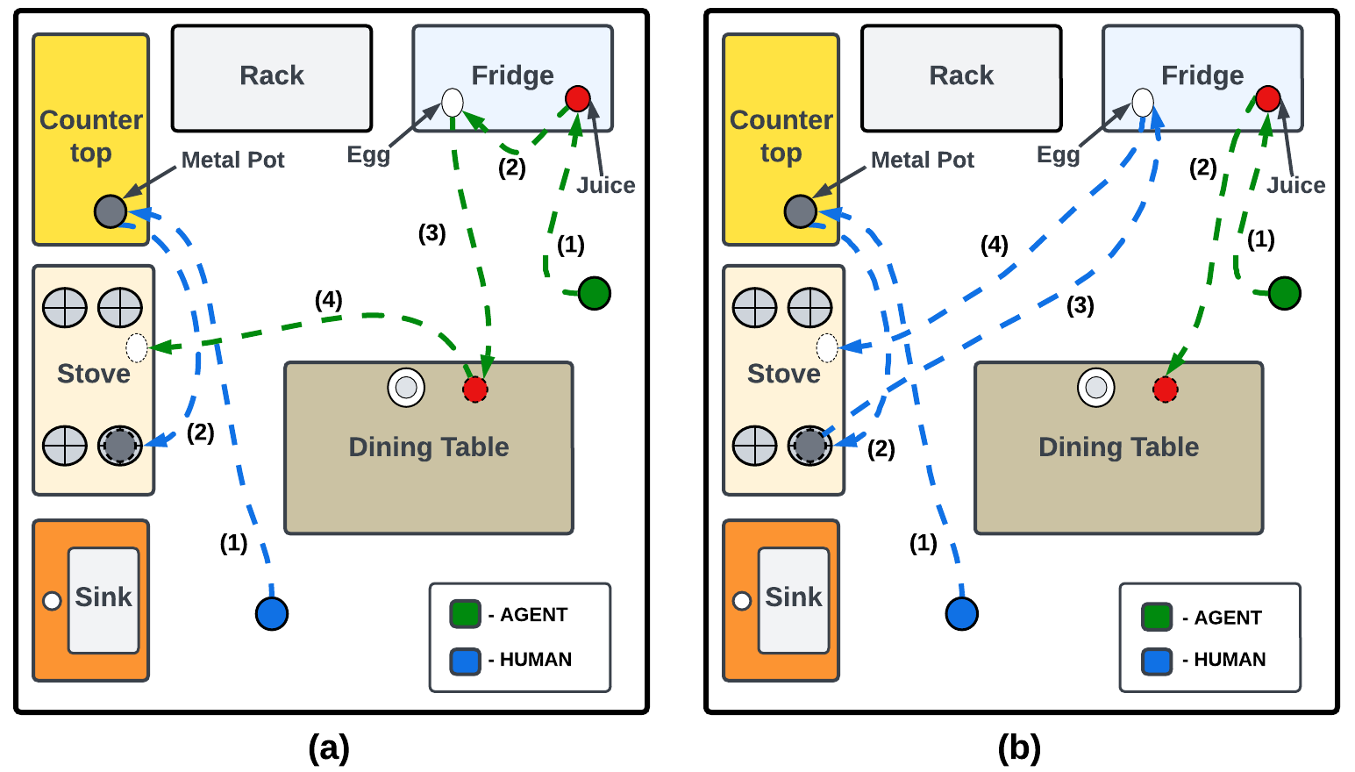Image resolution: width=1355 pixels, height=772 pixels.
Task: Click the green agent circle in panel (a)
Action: pos(595,293)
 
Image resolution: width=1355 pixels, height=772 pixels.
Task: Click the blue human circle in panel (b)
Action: pos(962,613)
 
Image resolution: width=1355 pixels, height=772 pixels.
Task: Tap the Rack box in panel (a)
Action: pos(272,77)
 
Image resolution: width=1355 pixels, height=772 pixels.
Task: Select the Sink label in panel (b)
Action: pos(794,597)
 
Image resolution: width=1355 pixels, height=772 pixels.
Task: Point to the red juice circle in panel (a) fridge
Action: pos(577,98)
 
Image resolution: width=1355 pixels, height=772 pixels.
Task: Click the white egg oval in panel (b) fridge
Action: pos(1142,103)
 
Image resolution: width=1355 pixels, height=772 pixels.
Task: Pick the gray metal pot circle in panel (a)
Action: pos(111,211)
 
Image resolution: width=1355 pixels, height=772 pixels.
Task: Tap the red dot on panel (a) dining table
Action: pos(475,390)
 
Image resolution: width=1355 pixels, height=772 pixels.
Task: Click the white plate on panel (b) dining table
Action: pos(1096,387)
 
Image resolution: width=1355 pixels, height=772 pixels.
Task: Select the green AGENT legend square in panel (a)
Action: pos(465,614)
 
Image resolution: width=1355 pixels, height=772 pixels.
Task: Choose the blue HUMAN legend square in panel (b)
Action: pos(1157,661)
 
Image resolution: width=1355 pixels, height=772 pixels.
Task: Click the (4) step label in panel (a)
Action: pos(329,300)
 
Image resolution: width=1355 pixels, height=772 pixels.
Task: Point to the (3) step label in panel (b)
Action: pos(1080,305)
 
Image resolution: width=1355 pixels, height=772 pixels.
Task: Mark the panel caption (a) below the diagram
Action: pos(329,748)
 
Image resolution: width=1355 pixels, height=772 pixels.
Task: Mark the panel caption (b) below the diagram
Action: pos(1019,748)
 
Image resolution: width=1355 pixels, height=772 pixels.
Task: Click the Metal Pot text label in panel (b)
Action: pos(923,160)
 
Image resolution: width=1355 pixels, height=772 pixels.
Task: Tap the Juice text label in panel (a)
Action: pos(606,185)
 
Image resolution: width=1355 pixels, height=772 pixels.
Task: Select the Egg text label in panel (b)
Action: pos(1058,155)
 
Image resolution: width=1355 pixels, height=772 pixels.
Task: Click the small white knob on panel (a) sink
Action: pos(52,601)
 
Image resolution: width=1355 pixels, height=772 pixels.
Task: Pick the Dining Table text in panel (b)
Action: pos(1118,447)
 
